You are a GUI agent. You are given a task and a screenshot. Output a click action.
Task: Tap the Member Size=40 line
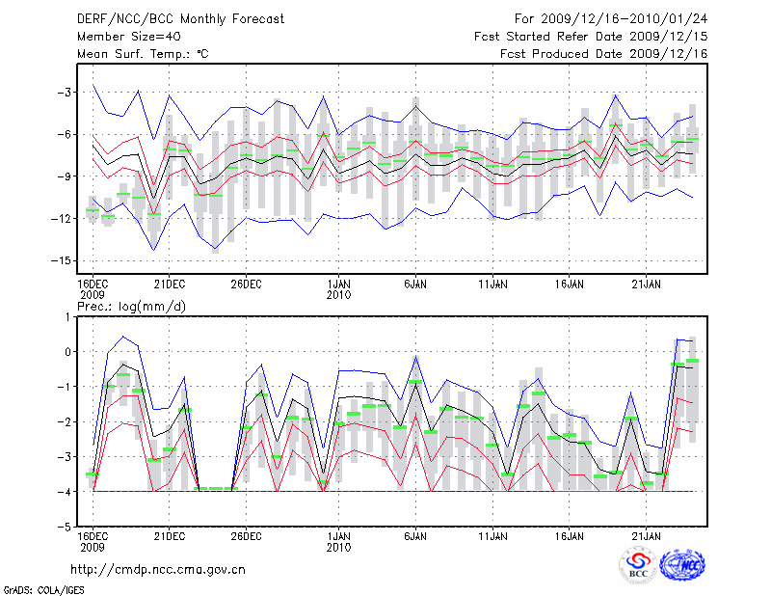[x=120, y=37]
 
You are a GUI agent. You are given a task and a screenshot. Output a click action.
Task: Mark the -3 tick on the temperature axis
[x=64, y=93]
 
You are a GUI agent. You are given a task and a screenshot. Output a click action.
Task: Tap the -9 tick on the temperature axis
[x=64, y=176]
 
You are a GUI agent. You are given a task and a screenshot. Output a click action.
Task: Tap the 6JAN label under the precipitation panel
[x=415, y=535]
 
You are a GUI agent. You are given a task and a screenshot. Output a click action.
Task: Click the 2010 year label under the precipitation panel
[x=338, y=547]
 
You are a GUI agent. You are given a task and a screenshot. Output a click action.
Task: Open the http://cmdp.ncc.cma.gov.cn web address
[x=158, y=570]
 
